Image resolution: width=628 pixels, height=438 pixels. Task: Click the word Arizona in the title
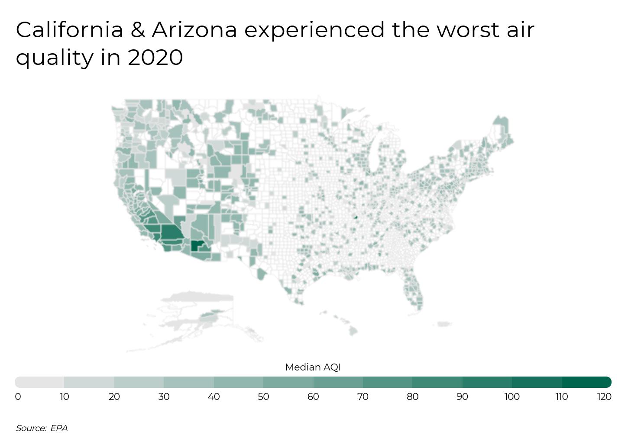pos(194,30)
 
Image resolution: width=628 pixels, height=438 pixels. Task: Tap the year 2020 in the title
pos(155,57)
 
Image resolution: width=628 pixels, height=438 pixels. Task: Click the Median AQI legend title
pos(313,367)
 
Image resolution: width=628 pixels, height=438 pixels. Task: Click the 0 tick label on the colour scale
pos(18,396)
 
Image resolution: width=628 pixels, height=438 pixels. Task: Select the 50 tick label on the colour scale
pos(263,396)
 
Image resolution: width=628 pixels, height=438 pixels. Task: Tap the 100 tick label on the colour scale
pos(512,396)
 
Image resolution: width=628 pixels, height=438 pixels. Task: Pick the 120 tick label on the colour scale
pos(604,396)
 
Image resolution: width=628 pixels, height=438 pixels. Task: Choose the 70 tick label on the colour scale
pos(363,396)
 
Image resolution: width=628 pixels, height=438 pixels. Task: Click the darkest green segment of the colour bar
pos(586,382)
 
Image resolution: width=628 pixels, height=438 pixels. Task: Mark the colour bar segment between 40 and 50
pos(239,382)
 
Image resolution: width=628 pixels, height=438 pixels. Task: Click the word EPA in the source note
pos(59,428)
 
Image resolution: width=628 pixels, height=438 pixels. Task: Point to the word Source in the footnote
pos(30,428)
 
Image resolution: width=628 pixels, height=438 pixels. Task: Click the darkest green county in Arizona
pos(196,245)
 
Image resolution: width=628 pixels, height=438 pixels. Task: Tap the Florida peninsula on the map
pos(413,290)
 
